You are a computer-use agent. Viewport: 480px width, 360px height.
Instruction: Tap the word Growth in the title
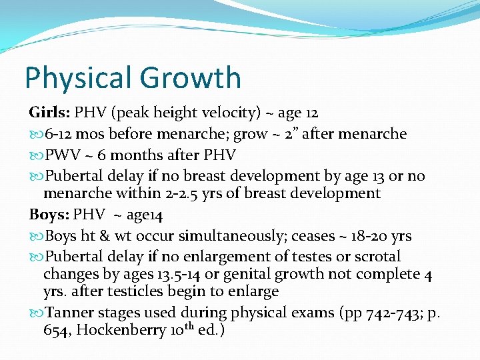click(194, 78)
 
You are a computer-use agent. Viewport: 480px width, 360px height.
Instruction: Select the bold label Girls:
click(49, 113)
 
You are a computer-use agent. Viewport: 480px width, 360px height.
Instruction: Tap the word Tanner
click(71, 312)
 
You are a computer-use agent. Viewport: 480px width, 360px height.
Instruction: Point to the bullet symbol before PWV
click(35, 155)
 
